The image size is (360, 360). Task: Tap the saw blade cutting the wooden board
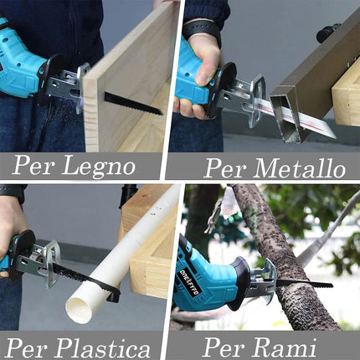tap(132, 103)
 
